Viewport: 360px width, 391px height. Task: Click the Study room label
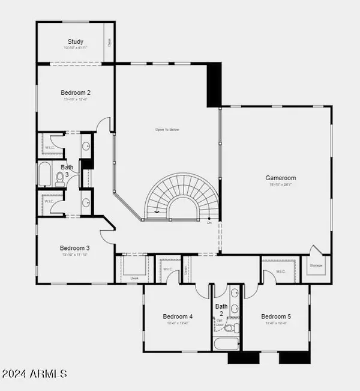[76, 41]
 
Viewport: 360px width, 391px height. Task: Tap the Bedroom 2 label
[76, 92]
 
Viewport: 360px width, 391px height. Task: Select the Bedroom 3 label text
[75, 248]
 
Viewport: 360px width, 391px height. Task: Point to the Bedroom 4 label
[178, 317]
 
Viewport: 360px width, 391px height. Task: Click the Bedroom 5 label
[275, 317]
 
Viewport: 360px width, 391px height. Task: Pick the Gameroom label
[281, 178]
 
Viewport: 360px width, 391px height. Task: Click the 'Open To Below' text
[167, 130]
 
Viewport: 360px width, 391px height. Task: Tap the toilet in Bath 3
[61, 177]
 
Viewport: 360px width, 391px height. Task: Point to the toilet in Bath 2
[236, 328]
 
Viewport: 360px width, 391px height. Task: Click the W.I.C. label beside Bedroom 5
[281, 271]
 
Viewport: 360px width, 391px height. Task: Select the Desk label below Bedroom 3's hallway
[134, 278]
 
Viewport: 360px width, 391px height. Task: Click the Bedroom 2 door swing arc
[106, 125]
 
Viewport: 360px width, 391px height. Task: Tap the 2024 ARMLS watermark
[34, 374]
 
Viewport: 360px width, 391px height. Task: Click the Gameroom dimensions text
[281, 185]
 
